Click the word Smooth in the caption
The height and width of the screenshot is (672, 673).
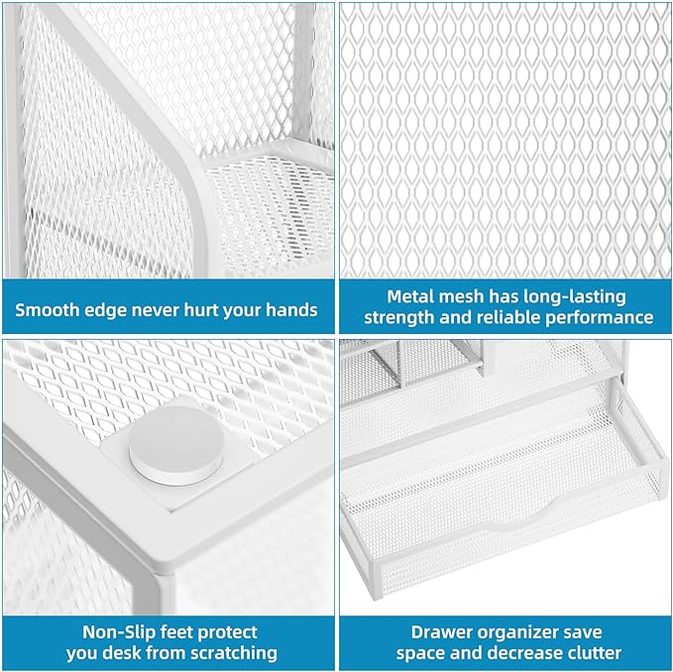(49, 309)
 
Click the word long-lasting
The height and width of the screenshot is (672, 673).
(574, 295)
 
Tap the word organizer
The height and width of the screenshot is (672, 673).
(525, 631)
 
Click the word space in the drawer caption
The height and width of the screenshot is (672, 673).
(422, 653)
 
